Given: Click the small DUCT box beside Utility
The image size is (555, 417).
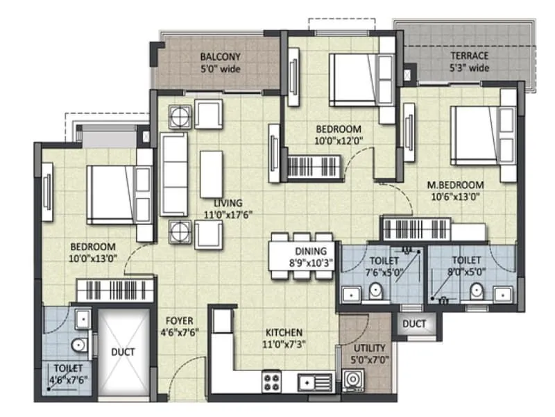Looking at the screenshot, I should coord(414,324).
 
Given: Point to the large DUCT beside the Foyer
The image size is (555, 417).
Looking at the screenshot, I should coord(123,352).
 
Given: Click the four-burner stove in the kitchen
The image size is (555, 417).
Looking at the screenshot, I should coord(271,381).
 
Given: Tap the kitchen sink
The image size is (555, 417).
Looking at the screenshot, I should coord(314,381).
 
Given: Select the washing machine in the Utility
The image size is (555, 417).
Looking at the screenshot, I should coord(353,382).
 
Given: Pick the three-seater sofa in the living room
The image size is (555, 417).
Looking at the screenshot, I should coord(174,174).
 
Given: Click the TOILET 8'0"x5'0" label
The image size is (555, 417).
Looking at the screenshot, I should coord(470,267).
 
